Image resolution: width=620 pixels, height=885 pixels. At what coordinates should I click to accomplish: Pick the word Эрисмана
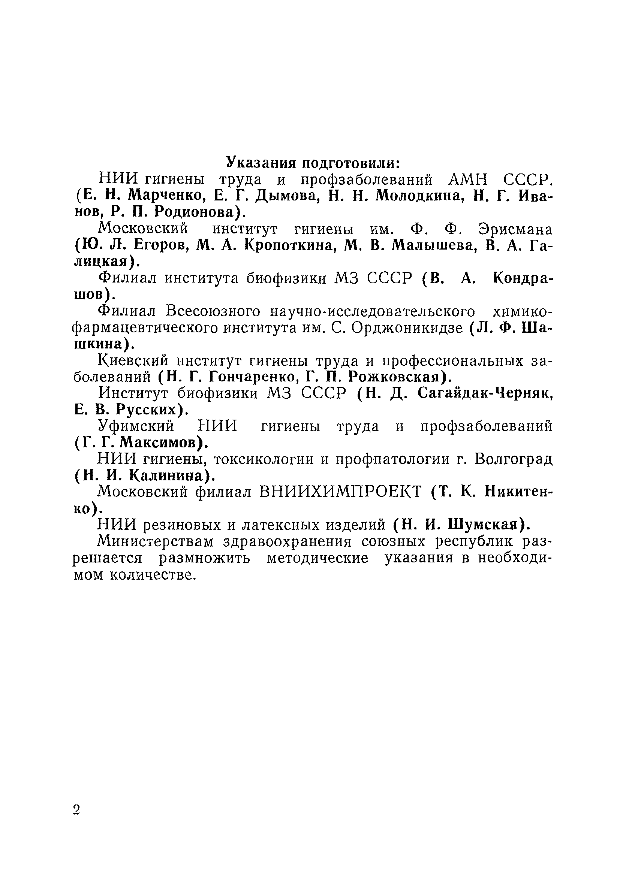pyautogui.click(x=515, y=229)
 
